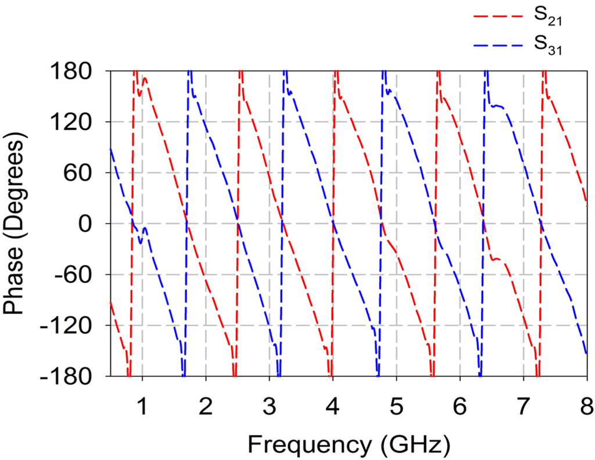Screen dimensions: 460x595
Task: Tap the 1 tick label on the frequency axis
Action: coord(142,401)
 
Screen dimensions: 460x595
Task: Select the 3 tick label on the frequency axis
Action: coord(269,401)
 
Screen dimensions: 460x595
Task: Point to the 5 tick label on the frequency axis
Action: coord(396,401)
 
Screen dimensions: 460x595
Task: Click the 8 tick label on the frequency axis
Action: coord(586,401)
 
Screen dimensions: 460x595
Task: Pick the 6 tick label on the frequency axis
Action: coord(460,401)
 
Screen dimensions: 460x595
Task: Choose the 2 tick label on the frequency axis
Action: coord(205,401)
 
